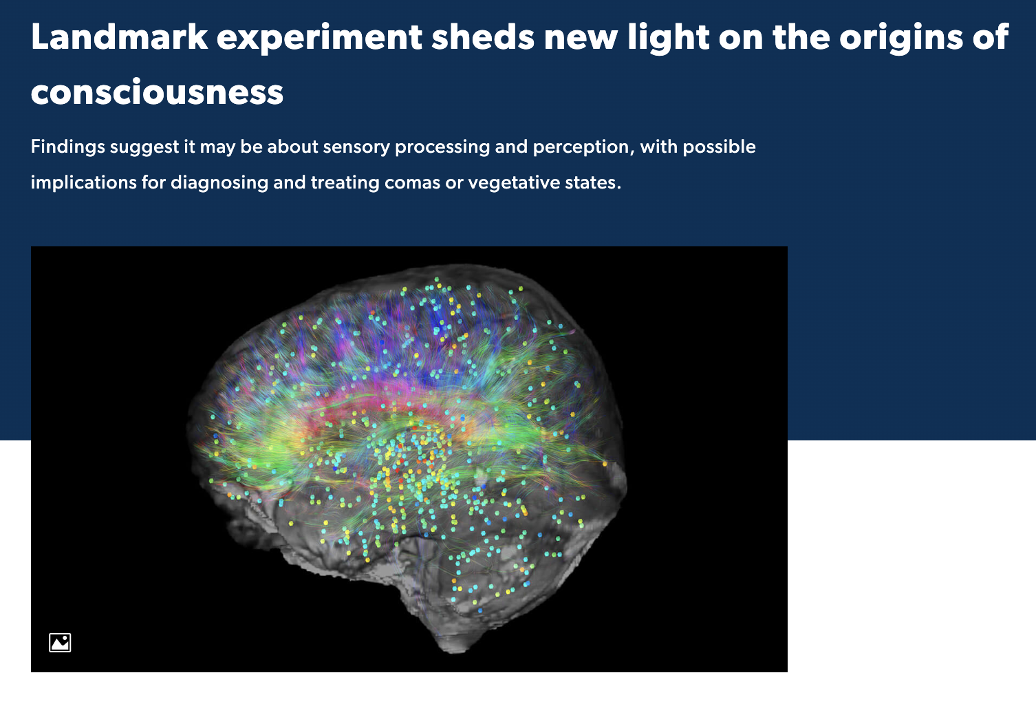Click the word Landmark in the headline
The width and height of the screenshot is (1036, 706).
(x=119, y=36)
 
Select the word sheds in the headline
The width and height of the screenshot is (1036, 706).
(x=483, y=36)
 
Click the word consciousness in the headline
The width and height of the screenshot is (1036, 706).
(x=157, y=92)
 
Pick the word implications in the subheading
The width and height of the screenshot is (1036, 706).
(x=84, y=183)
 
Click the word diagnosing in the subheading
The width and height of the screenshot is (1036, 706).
(x=219, y=183)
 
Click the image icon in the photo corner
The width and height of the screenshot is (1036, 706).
(x=60, y=643)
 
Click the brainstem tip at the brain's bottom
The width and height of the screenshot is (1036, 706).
(x=455, y=648)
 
